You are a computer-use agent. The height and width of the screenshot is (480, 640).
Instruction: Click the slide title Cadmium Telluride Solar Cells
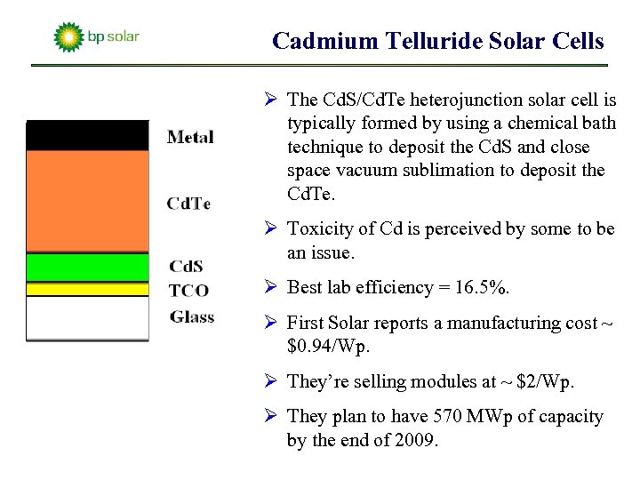[437, 41]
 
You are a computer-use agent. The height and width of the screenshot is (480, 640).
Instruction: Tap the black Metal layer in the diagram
[87, 135]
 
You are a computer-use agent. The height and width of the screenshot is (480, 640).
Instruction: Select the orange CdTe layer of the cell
[87, 201]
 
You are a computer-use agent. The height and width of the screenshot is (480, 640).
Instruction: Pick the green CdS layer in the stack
[87, 268]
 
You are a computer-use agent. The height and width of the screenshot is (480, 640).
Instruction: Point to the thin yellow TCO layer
[87, 289]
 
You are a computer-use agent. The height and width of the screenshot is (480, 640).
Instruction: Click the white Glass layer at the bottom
[87, 317]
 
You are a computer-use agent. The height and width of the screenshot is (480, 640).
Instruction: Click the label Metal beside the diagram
[189, 137]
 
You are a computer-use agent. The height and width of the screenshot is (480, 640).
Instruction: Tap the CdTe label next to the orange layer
[188, 204]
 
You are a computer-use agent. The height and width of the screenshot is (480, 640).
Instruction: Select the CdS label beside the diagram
[186, 266]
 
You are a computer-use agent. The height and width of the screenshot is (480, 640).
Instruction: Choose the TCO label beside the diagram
[188, 290]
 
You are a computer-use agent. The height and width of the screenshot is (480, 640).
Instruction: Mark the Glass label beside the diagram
[192, 316]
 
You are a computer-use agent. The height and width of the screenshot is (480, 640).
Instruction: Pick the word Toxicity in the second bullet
[319, 229]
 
